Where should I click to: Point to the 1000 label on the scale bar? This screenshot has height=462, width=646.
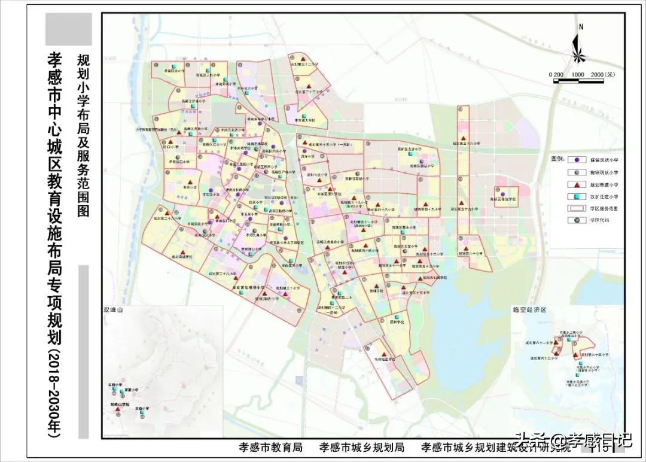pyautogui.click(x=577, y=74)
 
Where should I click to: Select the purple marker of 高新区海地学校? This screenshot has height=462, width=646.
pyautogui.click(x=503, y=194)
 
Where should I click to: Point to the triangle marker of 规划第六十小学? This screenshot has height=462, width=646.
pyautogui.click(x=464, y=248)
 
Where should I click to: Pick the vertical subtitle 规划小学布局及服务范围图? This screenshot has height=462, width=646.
pyautogui.click(x=83, y=135)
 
